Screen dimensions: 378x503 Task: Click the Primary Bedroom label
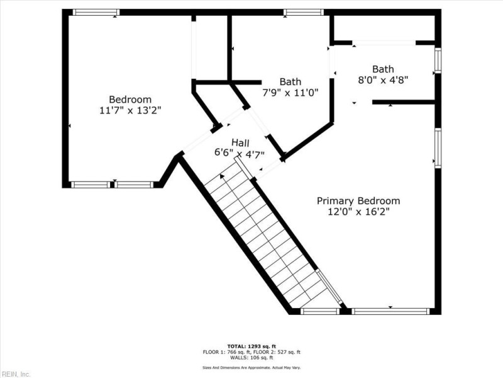point(358,201)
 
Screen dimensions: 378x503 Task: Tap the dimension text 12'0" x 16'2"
point(358,212)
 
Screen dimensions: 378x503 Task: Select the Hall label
point(240,142)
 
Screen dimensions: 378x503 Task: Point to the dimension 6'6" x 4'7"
point(240,153)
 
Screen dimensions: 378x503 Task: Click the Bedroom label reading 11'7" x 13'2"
point(130,100)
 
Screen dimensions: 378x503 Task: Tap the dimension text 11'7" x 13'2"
point(130,110)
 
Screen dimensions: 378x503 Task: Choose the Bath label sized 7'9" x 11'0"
point(290,81)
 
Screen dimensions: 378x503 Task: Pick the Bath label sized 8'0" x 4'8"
point(383,69)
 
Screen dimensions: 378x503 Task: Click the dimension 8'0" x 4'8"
point(383,80)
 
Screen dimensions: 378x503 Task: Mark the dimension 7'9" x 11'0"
point(290,92)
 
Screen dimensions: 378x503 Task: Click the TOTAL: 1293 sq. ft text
point(251,346)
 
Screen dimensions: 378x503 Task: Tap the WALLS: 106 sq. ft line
point(251,357)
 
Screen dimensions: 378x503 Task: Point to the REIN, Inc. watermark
point(16,374)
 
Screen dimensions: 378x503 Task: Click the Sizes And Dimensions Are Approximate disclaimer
point(251,367)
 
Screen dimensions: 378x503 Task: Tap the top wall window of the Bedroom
point(96,12)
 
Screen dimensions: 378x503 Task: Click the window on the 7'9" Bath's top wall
point(304,12)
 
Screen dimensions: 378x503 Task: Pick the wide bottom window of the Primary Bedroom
point(390,311)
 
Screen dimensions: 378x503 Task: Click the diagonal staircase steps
point(264,236)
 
